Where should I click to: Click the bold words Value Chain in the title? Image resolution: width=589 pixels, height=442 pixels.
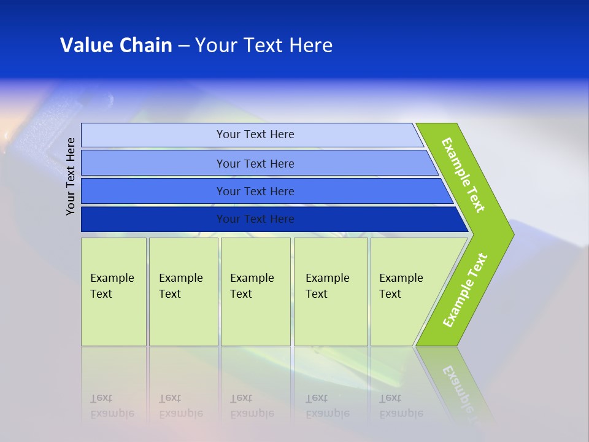tap(116, 45)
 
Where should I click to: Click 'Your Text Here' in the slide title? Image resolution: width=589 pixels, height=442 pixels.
tap(264, 45)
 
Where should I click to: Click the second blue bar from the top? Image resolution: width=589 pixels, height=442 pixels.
tap(255, 163)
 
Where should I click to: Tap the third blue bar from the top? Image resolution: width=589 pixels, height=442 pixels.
tap(255, 192)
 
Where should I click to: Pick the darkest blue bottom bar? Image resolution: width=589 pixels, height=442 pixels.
tap(255, 219)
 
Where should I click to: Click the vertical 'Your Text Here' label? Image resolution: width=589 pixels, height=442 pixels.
tap(71, 176)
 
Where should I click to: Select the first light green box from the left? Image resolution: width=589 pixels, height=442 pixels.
tap(114, 292)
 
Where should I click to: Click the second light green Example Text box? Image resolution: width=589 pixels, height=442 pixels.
tap(183, 292)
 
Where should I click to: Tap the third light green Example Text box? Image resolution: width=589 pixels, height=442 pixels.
tap(255, 292)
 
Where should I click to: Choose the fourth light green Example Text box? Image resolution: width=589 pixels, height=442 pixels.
tap(331, 292)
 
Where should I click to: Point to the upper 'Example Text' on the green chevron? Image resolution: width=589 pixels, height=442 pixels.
tap(463, 175)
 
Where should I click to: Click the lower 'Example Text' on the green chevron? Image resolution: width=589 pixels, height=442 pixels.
tap(465, 290)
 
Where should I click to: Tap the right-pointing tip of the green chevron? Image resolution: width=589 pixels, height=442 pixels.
tap(509, 234)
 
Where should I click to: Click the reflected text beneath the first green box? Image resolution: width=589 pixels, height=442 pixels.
tap(112, 406)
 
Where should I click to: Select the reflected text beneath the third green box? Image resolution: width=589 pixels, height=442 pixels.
tap(252, 406)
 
